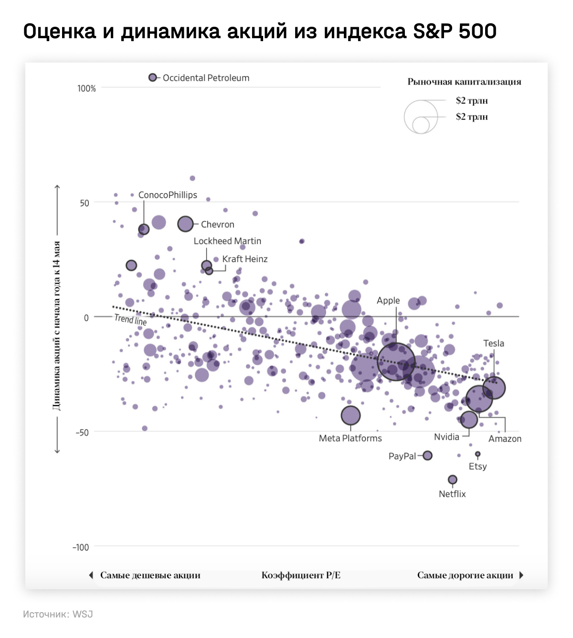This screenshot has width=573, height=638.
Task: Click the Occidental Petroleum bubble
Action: coord(153,77)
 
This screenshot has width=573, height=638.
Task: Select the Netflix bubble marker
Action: coord(453,479)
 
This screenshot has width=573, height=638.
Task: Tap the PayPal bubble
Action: coord(427,456)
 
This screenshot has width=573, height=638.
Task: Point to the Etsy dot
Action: coord(477,454)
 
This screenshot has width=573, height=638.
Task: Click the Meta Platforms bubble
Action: coord(350,415)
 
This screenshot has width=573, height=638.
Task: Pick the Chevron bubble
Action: coord(185,223)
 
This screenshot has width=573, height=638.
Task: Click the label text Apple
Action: coord(388,300)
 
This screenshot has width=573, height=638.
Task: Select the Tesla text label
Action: coord(493,343)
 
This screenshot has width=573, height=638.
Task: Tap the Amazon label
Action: coord(505,439)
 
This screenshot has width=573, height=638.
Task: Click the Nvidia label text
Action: coord(446,437)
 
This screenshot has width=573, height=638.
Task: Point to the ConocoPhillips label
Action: coord(168,195)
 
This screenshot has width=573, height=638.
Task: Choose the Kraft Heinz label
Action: coord(245,259)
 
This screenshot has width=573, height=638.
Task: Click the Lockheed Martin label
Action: coord(227,241)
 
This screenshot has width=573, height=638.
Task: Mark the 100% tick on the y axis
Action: coord(86,88)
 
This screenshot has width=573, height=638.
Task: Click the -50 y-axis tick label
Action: coord(82,432)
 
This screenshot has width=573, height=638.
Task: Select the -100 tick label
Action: coord(81,547)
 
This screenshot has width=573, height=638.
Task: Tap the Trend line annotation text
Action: coord(130,320)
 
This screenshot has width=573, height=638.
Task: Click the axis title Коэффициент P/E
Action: coord(301,575)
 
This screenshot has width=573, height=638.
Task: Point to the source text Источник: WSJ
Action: coord(58,614)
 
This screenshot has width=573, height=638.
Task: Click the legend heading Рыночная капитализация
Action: coord(464,82)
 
